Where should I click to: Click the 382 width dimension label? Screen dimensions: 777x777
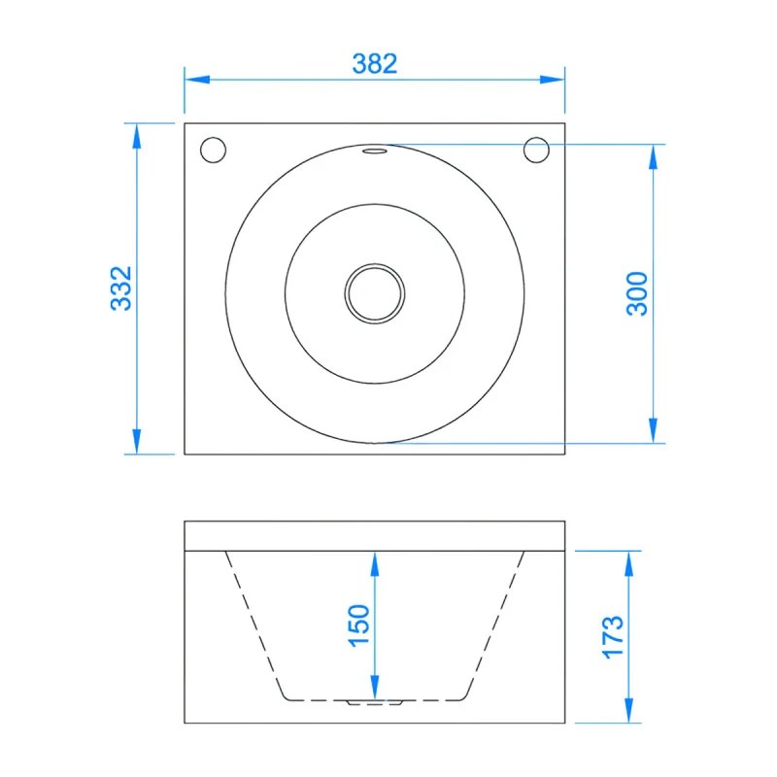tap(375, 64)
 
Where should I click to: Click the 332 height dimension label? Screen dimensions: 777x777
tap(121, 288)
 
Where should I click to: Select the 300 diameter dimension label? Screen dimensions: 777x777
tap(637, 294)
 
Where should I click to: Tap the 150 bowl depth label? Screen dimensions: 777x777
tap(358, 625)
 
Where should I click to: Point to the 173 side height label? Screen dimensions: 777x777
tap(613, 637)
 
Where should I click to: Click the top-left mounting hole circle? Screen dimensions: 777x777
tap(213, 150)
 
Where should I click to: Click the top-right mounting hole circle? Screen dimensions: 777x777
tap(536, 150)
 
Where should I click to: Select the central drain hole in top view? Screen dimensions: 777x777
tap(375, 293)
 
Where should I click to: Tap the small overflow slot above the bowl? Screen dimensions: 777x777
tap(375, 151)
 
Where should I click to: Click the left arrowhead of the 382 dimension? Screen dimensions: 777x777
tap(197, 80)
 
